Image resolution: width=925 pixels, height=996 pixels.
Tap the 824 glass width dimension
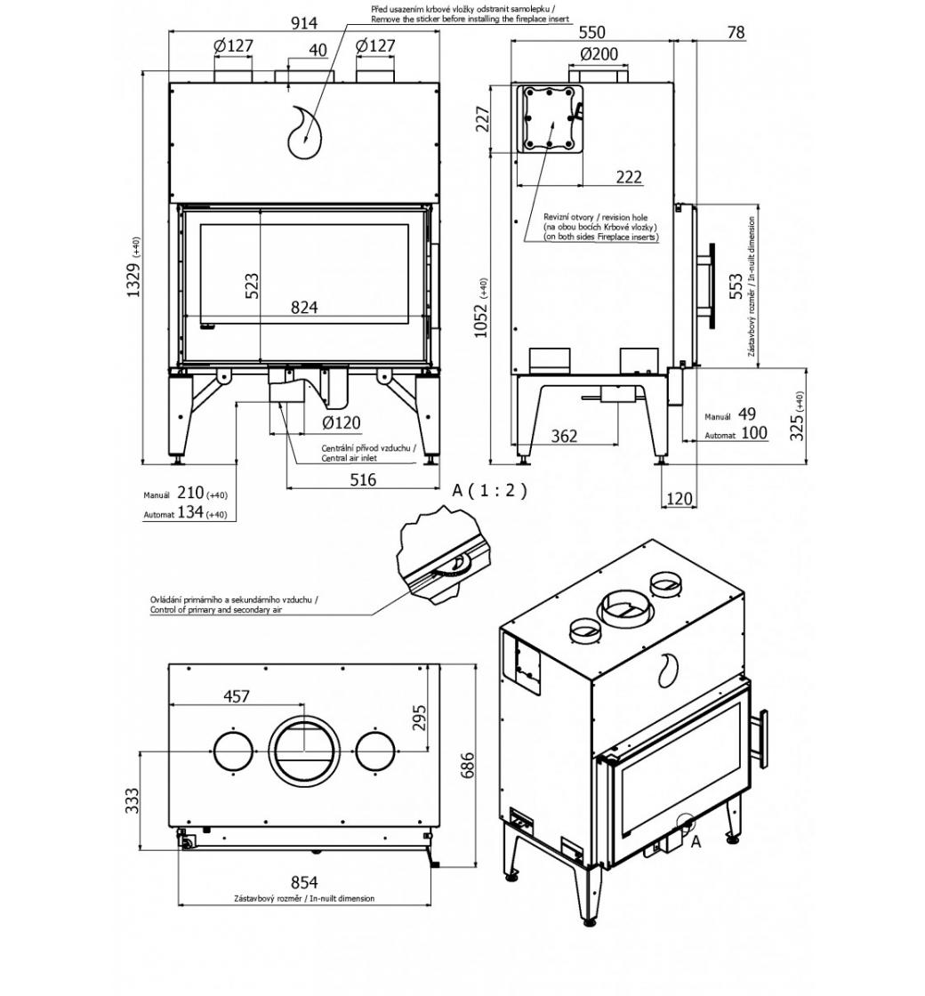pyautogui.click(x=304, y=308)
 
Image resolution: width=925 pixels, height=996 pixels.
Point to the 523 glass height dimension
pyautogui.click(x=252, y=285)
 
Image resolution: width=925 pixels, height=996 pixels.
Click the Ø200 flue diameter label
pyautogui.click(x=599, y=54)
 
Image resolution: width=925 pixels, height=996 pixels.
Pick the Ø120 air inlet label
pyautogui.click(x=341, y=422)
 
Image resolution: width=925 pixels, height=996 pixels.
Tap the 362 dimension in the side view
pyautogui.click(x=564, y=436)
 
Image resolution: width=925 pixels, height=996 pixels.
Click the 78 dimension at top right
pyautogui.click(x=735, y=33)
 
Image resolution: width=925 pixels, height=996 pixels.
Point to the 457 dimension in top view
pyautogui.click(x=236, y=696)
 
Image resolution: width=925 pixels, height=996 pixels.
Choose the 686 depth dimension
pyautogui.click(x=468, y=764)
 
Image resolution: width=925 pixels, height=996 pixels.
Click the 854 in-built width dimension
pyautogui.click(x=304, y=882)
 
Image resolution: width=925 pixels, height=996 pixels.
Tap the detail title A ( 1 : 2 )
pyautogui.click(x=489, y=490)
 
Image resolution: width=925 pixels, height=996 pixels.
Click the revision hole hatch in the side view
pyautogui.click(x=551, y=119)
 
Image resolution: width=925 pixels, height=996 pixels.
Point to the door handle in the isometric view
pyautogui.click(x=762, y=735)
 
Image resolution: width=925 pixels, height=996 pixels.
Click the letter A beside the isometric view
pyautogui.click(x=696, y=843)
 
